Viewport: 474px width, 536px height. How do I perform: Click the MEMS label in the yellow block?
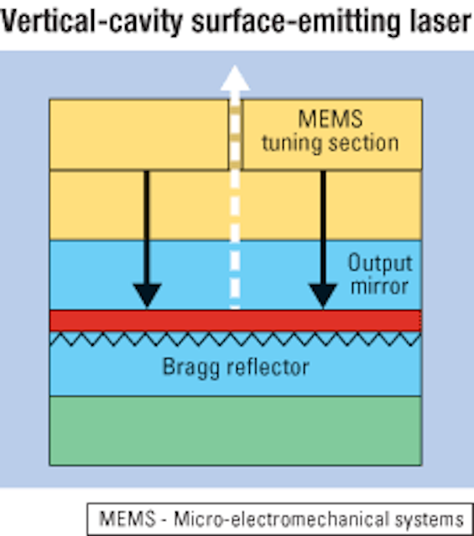(x=331, y=119)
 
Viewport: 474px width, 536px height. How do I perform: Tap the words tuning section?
(x=331, y=143)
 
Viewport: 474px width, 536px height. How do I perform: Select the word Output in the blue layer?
(x=380, y=264)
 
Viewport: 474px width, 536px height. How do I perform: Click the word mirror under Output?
(x=380, y=286)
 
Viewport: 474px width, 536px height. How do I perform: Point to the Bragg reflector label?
(x=236, y=368)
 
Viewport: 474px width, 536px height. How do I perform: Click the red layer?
(x=236, y=320)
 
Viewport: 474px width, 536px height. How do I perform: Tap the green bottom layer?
(x=236, y=430)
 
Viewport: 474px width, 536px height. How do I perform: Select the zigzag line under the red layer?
(x=236, y=338)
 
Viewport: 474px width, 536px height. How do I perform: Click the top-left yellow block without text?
(x=139, y=134)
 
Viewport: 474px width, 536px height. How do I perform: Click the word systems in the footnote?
(x=430, y=520)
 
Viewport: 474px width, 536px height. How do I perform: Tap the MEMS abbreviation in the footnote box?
(x=127, y=518)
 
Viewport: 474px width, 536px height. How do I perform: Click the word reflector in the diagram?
(x=268, y=367)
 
